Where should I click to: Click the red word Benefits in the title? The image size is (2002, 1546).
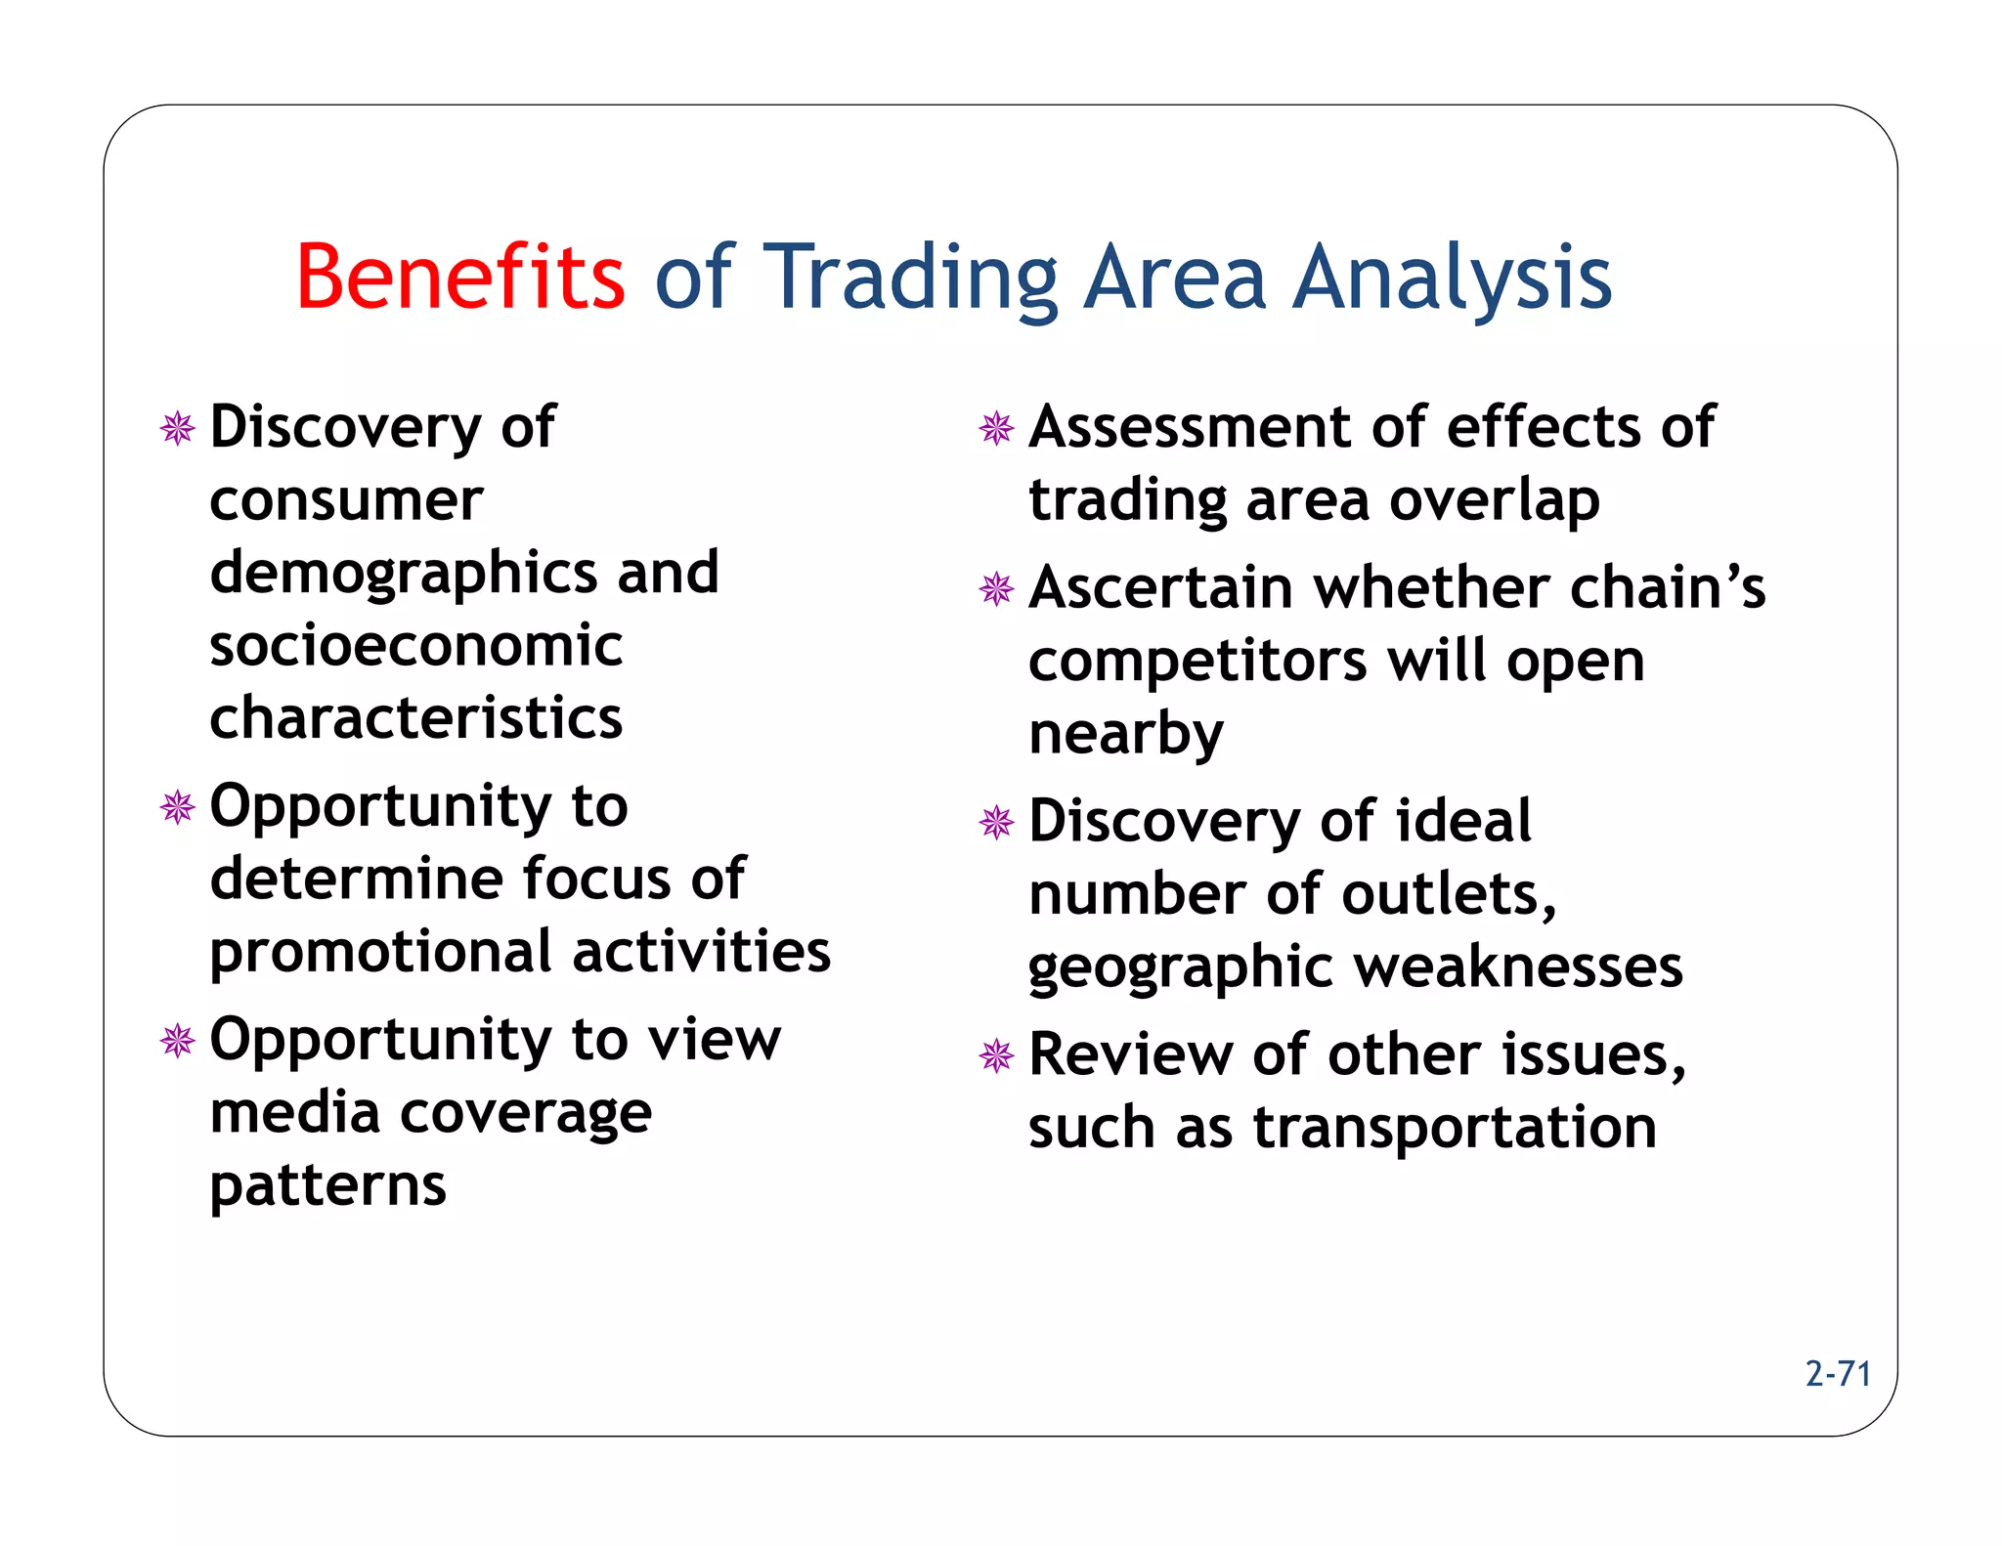460,278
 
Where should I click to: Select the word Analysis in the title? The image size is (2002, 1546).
1453,279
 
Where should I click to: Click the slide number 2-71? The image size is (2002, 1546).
1838,1374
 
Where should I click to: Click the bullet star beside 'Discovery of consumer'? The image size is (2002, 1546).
178,428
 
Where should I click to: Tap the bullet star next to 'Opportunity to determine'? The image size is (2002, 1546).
178,807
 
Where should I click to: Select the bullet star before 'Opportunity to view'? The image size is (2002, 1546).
178,1040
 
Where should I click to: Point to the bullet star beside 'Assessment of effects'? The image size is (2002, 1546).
996,428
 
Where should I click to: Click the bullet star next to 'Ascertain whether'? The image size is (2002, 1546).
996,588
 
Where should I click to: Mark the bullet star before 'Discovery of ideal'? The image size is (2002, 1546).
996,822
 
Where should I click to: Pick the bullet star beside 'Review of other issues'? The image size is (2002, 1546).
996,1055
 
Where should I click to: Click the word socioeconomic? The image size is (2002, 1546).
416,646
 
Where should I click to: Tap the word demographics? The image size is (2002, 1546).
400,575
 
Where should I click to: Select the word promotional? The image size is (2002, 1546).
381,954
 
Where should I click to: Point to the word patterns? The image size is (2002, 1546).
328,1185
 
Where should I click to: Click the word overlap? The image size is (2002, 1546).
1495,501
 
